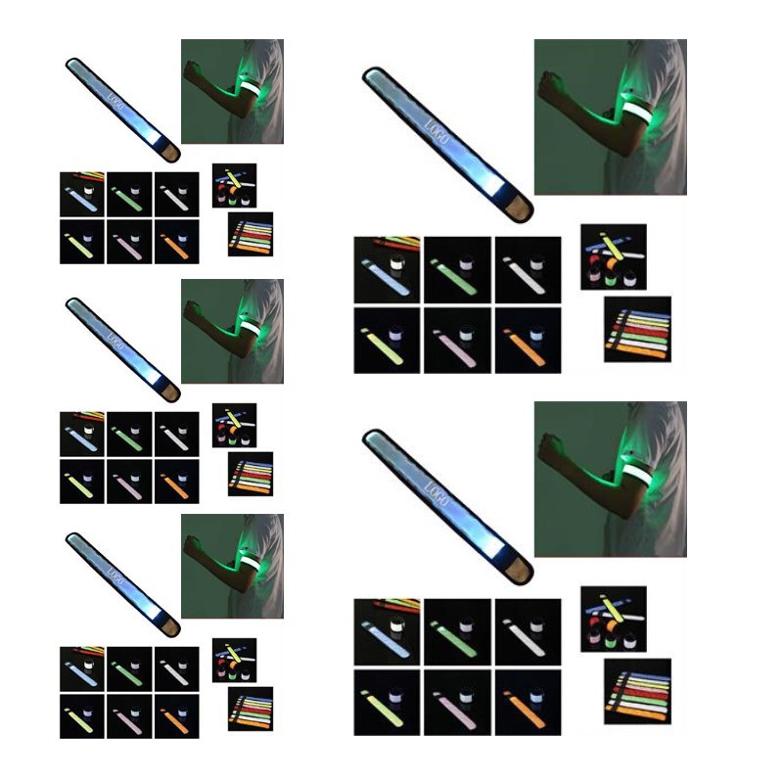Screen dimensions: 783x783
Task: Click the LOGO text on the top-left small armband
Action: (x=115, y=102)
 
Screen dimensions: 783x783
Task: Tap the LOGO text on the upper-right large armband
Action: (x=436, y=132)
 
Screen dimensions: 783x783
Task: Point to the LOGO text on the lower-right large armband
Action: (x=436, y=494)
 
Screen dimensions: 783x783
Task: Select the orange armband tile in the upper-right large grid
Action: (x=528, y=341)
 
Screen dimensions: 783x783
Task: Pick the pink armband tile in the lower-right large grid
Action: (x=457, y=703)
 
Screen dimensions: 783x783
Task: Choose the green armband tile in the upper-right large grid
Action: (x=457, y=270)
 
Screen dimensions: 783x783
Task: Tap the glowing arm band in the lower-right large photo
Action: (x=638, y=474)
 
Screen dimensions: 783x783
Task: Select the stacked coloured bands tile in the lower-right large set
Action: (x=638, y=692)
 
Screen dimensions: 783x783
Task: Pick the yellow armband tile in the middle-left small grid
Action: (x=82, y=482)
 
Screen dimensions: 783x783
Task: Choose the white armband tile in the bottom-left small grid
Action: (x=177, y=669)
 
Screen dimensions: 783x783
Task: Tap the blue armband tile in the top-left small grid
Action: (x=82, y=194)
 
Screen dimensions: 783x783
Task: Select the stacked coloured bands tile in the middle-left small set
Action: (x=251, y=474)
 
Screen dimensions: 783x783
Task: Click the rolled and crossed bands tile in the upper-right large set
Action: (x=614, y=256)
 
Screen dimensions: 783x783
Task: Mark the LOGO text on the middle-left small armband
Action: (x=115, y=342)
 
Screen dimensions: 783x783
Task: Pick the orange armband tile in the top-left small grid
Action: (x=177, y=242)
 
